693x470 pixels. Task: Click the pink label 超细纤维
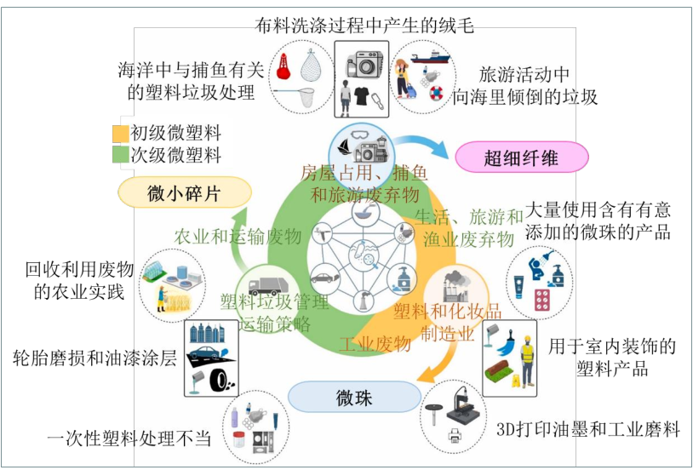point(522,157)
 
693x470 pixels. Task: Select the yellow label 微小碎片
point(184,193)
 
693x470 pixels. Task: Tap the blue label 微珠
point(353,397)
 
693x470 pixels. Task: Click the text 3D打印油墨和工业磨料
point(587,430)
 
